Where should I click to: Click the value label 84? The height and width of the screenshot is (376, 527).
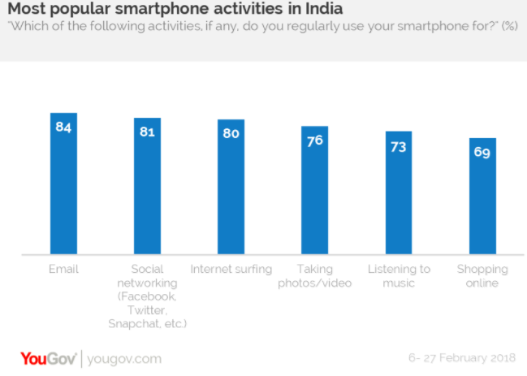(x=63, y=127)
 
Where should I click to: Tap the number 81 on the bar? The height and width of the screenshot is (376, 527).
(x=147, y=132)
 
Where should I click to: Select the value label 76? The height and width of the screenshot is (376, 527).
(x=314, y=140)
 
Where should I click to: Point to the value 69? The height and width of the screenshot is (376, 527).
(x=482, y=152)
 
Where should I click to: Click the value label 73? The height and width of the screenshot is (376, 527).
(x=399, y=145)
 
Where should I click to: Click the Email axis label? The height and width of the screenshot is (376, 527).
(x=63, y=269)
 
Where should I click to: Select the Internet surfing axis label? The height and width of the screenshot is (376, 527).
(x=231, y=269)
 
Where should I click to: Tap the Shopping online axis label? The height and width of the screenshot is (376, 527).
(x=482, y=275)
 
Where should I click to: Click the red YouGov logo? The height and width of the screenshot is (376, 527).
(x=48, y=358)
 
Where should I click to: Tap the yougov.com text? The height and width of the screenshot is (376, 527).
(x=123, y=359)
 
